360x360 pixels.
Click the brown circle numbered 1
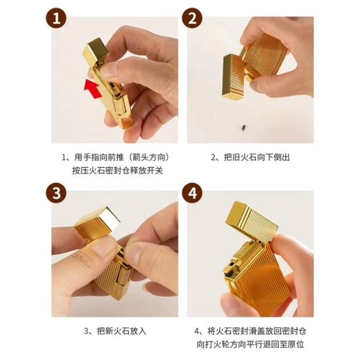(x=56, y=18)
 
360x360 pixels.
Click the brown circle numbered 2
(x=192, y=18)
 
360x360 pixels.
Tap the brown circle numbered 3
(x=56, y=192)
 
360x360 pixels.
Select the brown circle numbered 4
(x=192, y=192)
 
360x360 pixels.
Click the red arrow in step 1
(x=92, y=88)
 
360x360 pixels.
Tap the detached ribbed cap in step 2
(x=233, y=77)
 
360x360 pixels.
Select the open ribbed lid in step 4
(x=252, y=221)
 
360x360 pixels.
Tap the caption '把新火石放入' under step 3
(x=122, y=331)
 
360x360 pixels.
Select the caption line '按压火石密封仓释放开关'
(x=117, y=171)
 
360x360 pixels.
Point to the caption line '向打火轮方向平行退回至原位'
(x=250, y=344)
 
